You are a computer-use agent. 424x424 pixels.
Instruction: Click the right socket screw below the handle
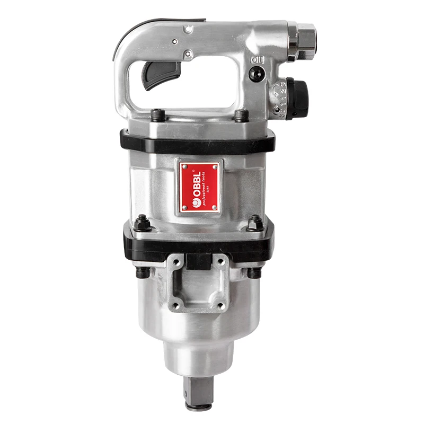(242, 116)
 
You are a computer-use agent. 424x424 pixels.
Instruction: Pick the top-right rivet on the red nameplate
(214, 167)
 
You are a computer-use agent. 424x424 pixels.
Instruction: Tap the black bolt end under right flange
(255, 272)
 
